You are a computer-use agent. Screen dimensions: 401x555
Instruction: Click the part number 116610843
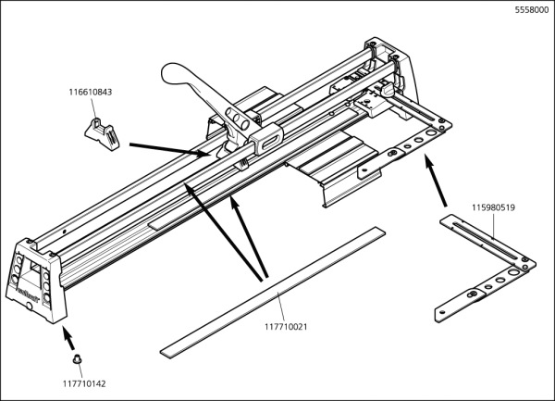(x=91, y=92)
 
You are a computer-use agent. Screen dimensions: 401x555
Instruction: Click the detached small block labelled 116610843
(x=103, y=132)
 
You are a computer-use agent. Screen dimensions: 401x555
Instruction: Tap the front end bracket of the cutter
(x=40, y=279)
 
